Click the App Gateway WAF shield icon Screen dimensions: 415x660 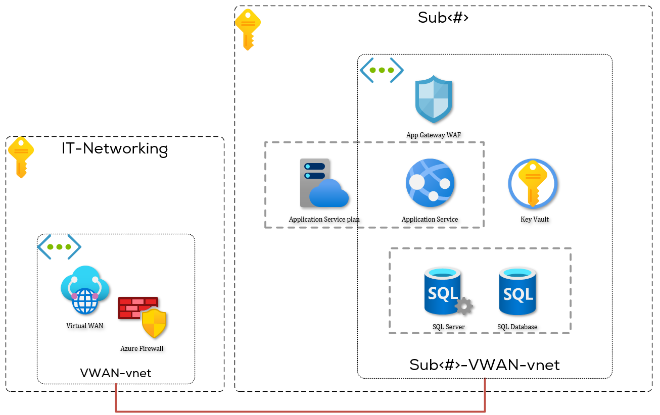434,99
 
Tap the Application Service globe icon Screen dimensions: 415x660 430,183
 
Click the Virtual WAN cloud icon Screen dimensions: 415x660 85,290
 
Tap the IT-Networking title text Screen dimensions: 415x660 115,149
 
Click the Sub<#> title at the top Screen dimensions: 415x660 443,18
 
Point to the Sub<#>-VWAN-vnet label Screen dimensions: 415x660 484,365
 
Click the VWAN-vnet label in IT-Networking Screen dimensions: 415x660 116,373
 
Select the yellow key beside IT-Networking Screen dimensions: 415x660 20,156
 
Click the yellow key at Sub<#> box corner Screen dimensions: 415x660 248,29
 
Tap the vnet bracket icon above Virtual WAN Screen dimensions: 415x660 59,247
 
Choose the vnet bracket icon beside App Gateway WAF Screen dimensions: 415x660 382,70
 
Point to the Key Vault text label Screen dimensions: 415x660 535,219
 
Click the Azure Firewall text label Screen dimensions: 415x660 142,348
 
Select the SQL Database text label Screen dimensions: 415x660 517,327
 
